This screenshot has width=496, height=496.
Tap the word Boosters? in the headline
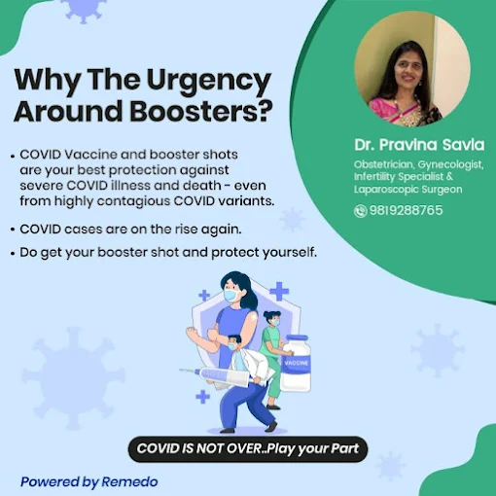click(201, 111)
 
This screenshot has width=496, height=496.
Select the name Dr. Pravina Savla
click(419, 145)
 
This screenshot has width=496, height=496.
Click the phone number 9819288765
click(406, 210)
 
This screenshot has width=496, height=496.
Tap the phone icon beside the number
click(360, 211)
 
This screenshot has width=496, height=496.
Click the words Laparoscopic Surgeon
click(407, 190)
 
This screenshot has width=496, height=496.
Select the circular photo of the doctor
click(412, 69)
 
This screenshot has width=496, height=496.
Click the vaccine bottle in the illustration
click(296, 363)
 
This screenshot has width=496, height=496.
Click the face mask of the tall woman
click(231, 296)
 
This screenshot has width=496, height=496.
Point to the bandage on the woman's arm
click(253, 316)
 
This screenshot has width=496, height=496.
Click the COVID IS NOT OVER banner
click(248, 449)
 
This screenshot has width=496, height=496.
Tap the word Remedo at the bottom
click(129, 481)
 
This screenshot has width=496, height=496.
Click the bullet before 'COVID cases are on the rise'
click(13, 230)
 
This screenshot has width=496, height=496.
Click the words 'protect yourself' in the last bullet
click(264, 253)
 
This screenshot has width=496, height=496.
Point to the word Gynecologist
click(450, 165)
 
